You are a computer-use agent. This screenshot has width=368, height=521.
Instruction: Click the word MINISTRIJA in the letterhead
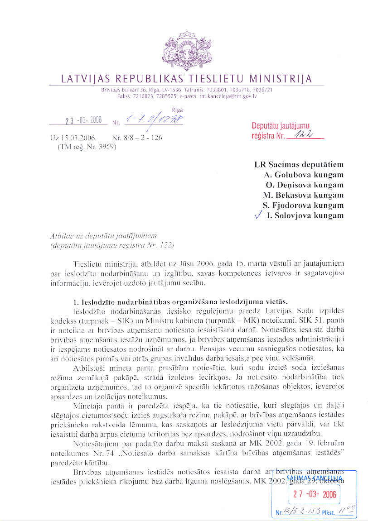pos(276,79)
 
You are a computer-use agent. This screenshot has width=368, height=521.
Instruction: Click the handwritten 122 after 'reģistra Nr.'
pos(300,135)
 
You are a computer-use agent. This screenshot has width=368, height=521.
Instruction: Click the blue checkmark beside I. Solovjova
pos(258,215)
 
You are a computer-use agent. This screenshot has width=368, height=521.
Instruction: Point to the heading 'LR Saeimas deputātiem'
pos(299,165)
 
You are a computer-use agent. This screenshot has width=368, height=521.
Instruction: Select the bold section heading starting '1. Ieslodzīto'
pos(180,302)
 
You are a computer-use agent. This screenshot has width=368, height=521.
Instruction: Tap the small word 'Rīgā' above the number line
pos(177,110)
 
